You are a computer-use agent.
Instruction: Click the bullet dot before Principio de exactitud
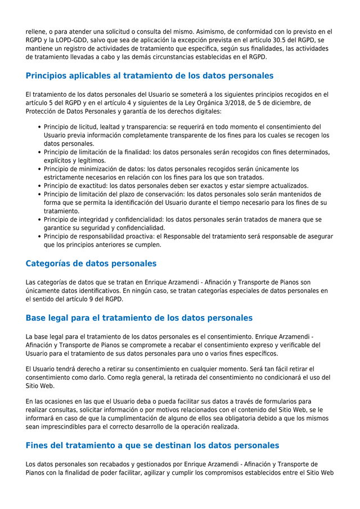click(39, 186)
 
